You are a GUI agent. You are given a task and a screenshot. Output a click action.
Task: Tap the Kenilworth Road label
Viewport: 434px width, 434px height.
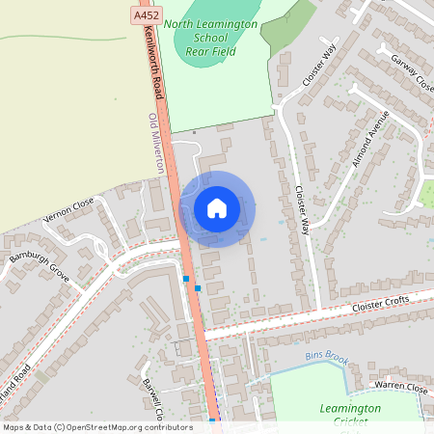[151, 60]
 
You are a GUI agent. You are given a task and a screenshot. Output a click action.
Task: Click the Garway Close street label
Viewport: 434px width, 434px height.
[412, 71]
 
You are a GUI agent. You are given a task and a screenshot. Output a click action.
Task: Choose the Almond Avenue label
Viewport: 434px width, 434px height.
[369, 137]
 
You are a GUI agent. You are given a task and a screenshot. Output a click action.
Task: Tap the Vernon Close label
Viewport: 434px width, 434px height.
[68, 211]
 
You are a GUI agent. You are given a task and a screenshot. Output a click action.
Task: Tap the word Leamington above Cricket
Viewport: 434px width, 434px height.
[349, 409]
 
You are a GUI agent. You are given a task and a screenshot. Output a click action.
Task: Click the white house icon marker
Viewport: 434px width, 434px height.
[217, 208]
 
